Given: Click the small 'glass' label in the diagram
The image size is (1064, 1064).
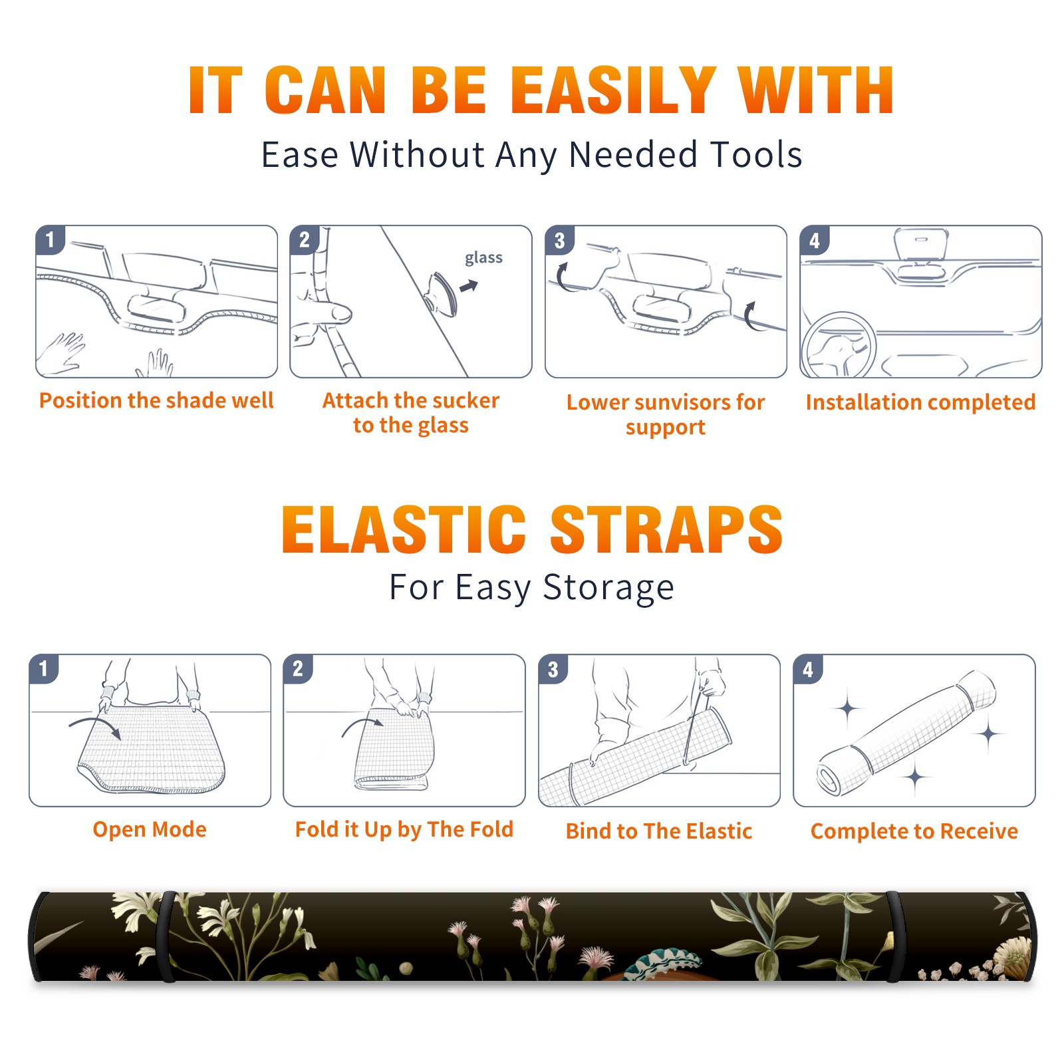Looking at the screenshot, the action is [483, 258].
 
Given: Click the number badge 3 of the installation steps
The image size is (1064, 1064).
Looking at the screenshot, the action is [560, 240].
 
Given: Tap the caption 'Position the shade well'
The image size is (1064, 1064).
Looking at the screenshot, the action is [156, 400].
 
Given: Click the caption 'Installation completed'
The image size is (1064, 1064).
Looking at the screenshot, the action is [920, 402].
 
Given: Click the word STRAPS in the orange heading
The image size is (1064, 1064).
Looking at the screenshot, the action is [666, 529].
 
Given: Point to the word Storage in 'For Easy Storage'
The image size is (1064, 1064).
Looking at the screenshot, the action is [608, 589].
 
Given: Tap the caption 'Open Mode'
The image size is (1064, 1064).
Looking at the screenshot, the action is [150, 829].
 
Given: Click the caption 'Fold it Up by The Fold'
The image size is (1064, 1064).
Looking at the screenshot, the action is [404, 830].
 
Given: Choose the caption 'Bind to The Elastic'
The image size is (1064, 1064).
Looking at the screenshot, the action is [659, 831].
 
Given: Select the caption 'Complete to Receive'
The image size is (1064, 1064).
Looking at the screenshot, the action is [914, 831].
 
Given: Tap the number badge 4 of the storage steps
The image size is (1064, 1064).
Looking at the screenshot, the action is [808, 669].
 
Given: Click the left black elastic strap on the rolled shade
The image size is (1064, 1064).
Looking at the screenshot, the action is [167, 937].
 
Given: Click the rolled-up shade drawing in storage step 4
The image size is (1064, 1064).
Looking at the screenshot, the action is [906, 733].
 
